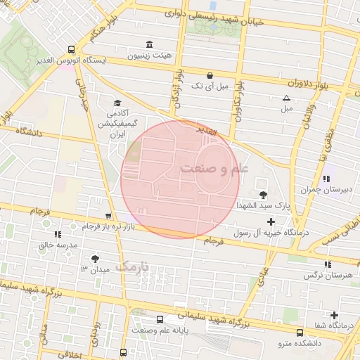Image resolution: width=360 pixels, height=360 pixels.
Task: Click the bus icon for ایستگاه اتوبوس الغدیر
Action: click(x=70, y=49)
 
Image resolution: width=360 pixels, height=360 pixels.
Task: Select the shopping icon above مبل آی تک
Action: click(x=210, y=75)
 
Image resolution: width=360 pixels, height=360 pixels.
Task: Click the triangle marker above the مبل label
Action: click(x=286, y=98)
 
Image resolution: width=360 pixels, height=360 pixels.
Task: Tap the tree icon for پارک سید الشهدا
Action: click(x=263, y=194)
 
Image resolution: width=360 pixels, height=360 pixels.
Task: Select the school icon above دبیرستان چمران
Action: click(x=325, y=179)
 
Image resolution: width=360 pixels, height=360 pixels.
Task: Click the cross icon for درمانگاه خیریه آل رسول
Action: click(x=271, y=222)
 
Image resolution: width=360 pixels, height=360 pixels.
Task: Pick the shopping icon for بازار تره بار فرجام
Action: click(x=108, y=217)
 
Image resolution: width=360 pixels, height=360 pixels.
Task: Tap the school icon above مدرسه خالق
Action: click(x=57, y=233)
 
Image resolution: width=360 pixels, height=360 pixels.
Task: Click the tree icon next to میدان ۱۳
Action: click(x=95, y=258)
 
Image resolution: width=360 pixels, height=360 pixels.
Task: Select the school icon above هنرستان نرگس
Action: click(x=328, y=264)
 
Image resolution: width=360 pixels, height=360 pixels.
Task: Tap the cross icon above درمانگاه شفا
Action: click(x=334, y=315)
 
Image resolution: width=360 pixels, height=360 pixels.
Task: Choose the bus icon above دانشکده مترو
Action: click(x=300, y=332)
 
